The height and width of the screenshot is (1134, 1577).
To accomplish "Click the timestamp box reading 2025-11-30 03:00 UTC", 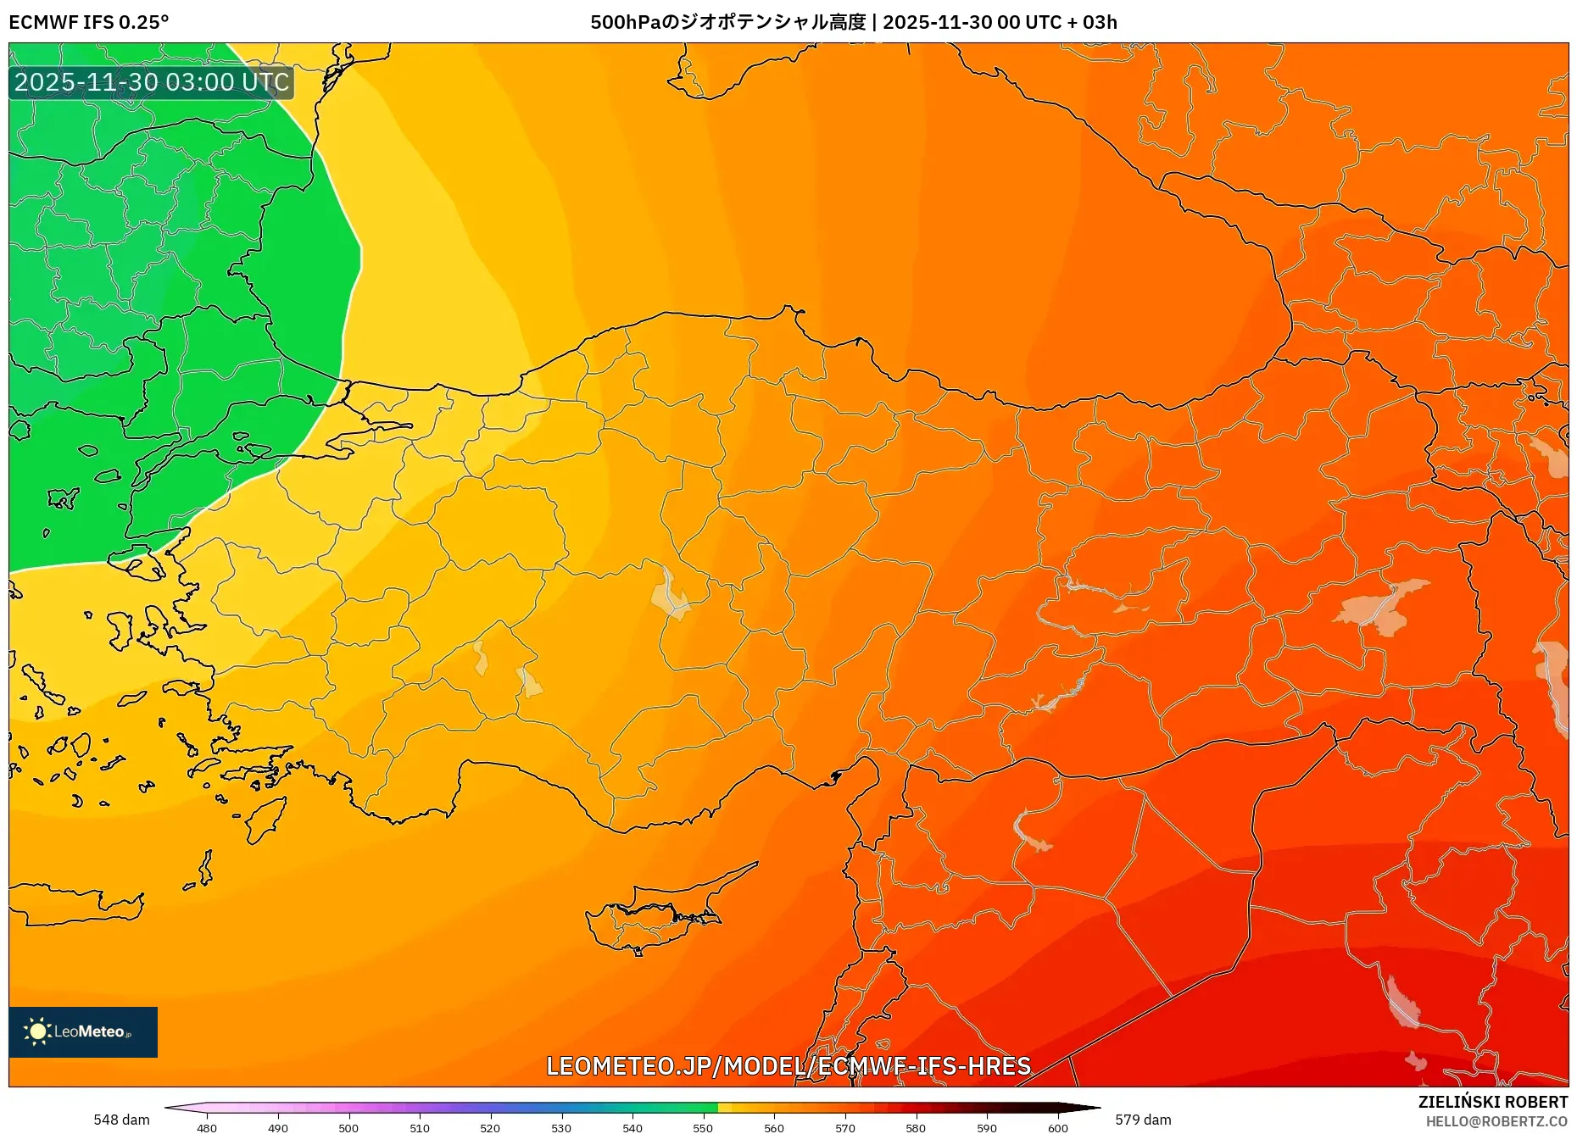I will coord(152,83).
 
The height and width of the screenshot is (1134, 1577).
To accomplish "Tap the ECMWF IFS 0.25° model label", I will coord(89,23).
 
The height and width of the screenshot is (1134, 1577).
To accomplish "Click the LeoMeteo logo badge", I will coord(83,1031).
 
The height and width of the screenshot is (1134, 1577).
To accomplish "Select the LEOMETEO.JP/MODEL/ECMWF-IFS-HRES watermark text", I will coord(788,1066).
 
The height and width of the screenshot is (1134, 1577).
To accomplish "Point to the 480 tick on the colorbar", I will coord(207,1127).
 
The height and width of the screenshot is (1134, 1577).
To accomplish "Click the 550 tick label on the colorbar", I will coord(703,1127).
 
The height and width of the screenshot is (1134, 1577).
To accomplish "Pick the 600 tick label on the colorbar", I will coord(1057,1127).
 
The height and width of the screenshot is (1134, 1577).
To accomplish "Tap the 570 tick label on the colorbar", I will coord(844,1127).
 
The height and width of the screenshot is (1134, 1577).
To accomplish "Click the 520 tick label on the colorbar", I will coord(490,1127).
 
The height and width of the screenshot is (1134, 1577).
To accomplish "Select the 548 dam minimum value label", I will coord(121,1120).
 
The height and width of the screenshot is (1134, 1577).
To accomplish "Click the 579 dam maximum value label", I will coord(1143,1120).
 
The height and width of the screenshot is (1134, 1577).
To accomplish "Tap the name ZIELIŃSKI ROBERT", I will coord(1493,1102).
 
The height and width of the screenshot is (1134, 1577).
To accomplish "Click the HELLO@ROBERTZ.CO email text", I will coord(1496,1121).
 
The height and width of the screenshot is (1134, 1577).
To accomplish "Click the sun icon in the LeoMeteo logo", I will coord(37,1031).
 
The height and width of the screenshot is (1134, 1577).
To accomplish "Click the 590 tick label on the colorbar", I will coord(986,1127).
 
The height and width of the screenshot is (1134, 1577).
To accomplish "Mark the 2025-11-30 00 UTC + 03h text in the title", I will coord(1000,23).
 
